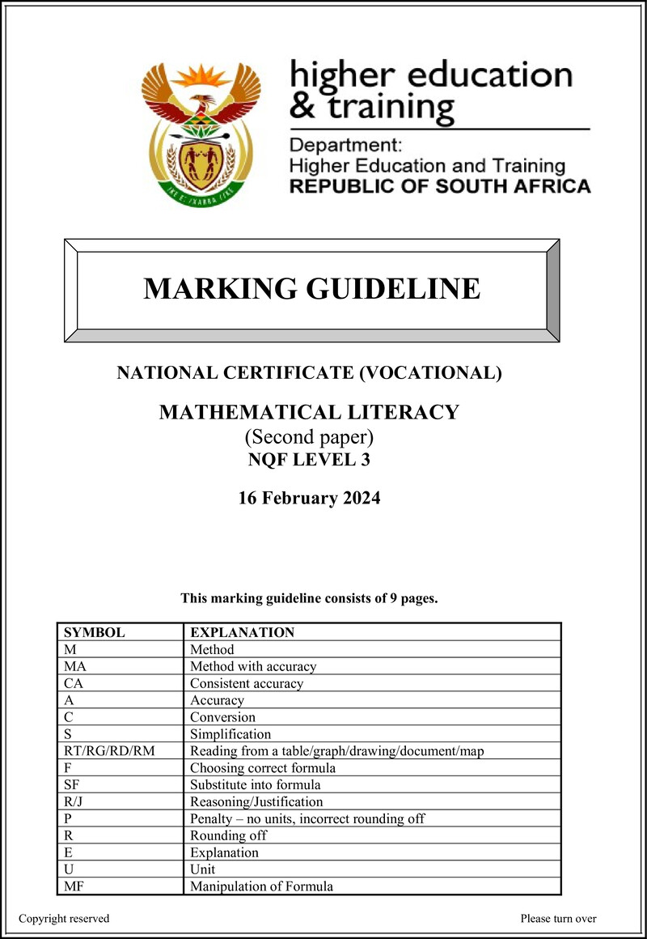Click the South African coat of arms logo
201,133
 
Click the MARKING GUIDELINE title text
311,288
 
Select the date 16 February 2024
309,498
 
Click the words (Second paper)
309,438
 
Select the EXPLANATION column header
242,632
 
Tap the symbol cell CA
72,683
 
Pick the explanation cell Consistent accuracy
247,683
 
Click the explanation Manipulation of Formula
261,886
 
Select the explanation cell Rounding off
228,835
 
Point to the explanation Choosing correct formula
262,767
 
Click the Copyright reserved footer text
64,919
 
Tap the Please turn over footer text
558,919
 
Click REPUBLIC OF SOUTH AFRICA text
440,187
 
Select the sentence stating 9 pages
309,599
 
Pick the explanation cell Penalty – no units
307,818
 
